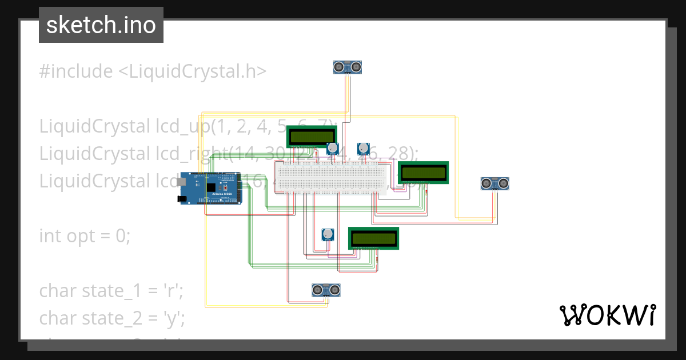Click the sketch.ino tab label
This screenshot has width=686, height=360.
pyautogui.click(x=101, y=25)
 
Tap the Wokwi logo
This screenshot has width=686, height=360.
pyautogui.click(x=607, y=315)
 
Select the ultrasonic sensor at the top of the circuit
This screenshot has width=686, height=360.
pyautogui.click(x=348, y=67)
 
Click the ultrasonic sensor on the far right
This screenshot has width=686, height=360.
pyautogui.click(x=495, y=183)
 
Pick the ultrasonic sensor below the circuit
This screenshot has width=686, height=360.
pyautogui.click(x=326, y=290)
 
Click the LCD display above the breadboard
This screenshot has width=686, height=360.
pyautogui.click(x=312, y=137)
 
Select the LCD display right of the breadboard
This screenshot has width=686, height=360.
pyautogui.click(x=423, y=173)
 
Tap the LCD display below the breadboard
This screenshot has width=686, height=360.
pyautogui.click(x=373, y=238)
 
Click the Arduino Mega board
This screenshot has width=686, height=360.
pyautogui.click(x=212, y=188)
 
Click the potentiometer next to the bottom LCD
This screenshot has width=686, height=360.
pyautogui.click(x=328, y=235)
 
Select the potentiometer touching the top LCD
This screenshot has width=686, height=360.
pyautogui.click(x=333, y=149)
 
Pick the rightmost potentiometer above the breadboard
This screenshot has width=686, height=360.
pyautogui.click(x=363, y=149)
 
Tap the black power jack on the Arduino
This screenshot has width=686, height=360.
pyautogui.click(x=183, y=199)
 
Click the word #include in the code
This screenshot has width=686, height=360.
pyautogui.click(x=76, y=71)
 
